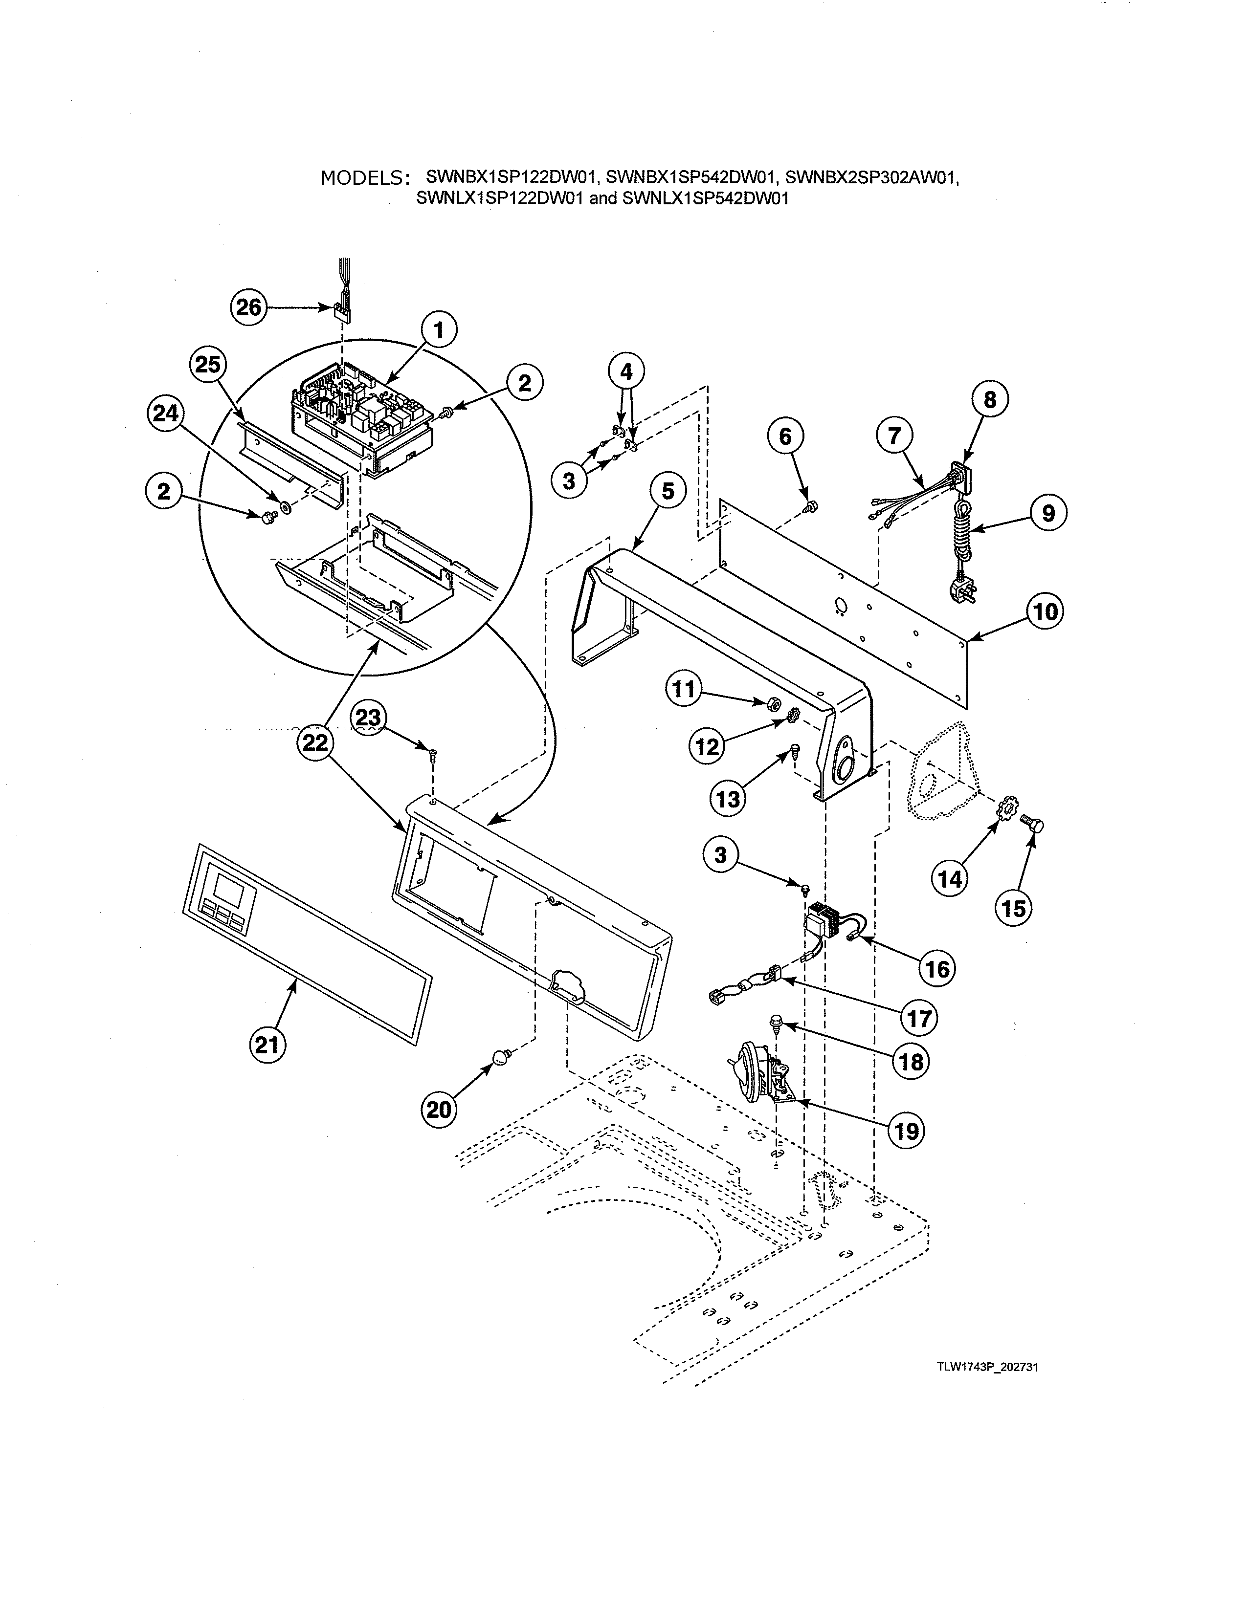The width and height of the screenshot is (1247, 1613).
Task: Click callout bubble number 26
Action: click(249, 307)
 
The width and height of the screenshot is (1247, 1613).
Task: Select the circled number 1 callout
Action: click(439, 331)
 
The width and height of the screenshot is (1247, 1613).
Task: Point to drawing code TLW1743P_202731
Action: click(988, 1367)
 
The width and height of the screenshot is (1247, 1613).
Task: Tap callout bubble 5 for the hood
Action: click(668, 491)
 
